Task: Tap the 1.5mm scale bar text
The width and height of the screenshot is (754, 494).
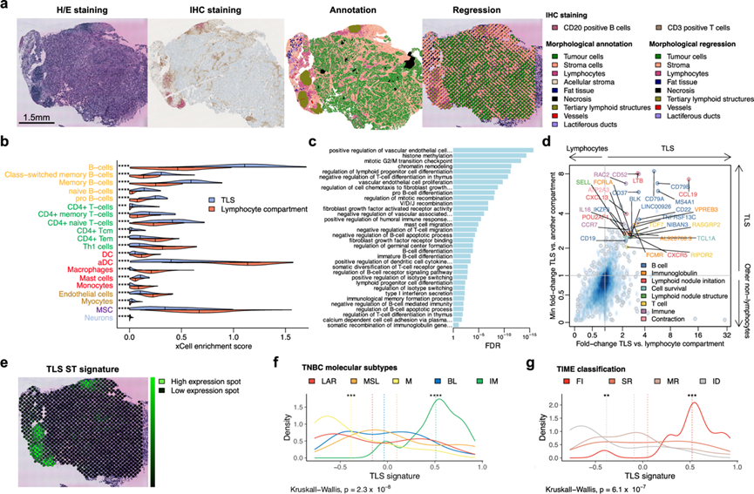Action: (x=41, y=114)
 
